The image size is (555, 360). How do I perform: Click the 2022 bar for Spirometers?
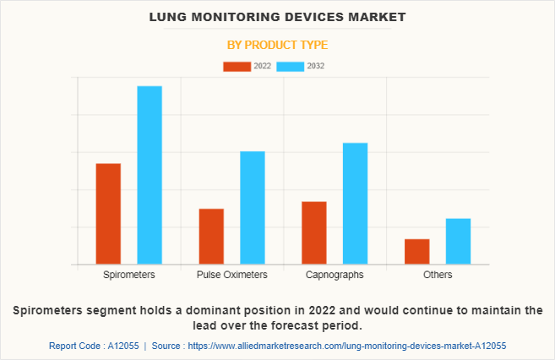click(108, 214)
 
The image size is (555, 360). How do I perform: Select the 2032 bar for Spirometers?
click(150, 175)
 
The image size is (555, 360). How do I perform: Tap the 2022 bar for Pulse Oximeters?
click(211, 237)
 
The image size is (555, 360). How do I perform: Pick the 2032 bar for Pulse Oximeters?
click(253, 208)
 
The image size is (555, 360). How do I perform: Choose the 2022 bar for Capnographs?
click(314, 233)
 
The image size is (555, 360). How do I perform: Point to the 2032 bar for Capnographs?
click(355, 204)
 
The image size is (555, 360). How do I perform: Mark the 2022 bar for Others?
click(416, 252)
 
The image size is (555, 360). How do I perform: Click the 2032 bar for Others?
click(458, 242)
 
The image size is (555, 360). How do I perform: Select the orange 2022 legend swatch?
click(237, 66)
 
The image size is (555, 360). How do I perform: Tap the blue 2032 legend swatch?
click(291, 66)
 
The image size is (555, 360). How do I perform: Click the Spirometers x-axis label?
click(129, 275)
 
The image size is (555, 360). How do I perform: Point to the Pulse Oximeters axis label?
click(232, 275)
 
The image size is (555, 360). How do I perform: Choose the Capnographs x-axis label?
click(335, 275)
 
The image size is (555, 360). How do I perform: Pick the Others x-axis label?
click(438, 275)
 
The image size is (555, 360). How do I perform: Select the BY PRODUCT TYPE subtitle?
click(277, 45)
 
